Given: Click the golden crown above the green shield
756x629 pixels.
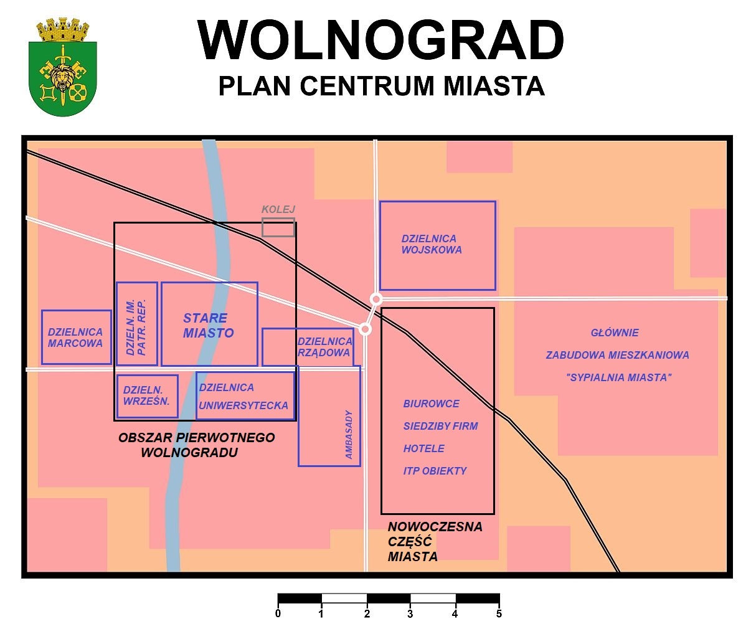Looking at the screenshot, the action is coord(63,29).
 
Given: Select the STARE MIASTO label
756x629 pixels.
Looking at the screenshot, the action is coord(208,325).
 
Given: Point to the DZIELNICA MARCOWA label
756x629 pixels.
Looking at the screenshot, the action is coord(75,337).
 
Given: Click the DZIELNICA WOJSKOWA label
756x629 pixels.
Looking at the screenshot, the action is coord(431,244).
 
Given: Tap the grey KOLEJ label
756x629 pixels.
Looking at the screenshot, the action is coord(278,209).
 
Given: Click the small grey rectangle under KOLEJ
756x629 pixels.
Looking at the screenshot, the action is coord(278,227).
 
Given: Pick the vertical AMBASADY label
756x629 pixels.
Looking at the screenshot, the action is coord(349,434).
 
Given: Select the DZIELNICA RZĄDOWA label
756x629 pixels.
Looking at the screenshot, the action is coord(325,346).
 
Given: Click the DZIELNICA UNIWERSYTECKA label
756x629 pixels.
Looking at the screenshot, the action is coord(243,396).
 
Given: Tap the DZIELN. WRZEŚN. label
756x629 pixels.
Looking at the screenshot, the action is coord(146,395).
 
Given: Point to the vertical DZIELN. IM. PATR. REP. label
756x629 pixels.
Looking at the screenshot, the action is coord(136,327).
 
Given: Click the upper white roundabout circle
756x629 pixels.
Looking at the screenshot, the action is coord(376,299).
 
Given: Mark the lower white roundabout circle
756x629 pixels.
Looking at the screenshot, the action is coord(366,329).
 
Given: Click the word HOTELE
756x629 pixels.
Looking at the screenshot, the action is coord(423,448).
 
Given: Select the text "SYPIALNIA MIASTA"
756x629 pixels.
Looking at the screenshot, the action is coord(618,377).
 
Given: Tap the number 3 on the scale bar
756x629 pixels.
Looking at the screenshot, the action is coord(410,614).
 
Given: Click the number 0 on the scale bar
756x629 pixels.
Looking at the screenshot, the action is coord(278,613).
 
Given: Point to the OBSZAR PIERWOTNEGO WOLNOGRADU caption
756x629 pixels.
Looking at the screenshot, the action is coord(196,445).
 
